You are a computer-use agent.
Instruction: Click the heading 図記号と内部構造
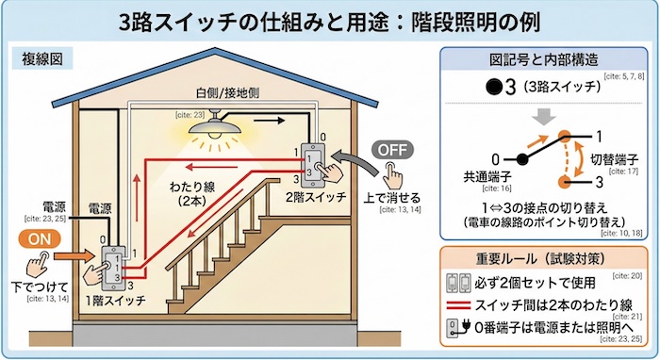pos(542,61)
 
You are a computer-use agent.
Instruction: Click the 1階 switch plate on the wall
pos(111,267)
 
